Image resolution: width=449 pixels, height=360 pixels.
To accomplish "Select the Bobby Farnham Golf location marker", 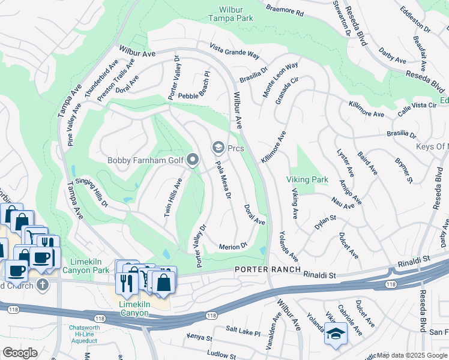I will pos(193,160).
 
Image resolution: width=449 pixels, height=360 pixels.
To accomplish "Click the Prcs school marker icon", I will pos(218,148).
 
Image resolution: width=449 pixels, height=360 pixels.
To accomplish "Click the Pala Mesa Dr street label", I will pos(222,180).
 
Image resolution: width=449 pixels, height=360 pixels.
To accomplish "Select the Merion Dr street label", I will pos(234,246).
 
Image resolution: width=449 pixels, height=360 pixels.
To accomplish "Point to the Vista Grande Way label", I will pos(235,52).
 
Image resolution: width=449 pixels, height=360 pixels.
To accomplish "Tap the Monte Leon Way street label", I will pos(280,80).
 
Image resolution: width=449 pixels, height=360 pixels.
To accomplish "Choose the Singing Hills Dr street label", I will pos(95,193).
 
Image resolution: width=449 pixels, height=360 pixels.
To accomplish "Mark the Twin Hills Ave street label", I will pos(172,196).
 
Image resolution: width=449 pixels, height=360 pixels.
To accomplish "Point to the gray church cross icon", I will pos(42,284).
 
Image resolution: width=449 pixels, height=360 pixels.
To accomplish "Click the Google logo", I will pos(19,352).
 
